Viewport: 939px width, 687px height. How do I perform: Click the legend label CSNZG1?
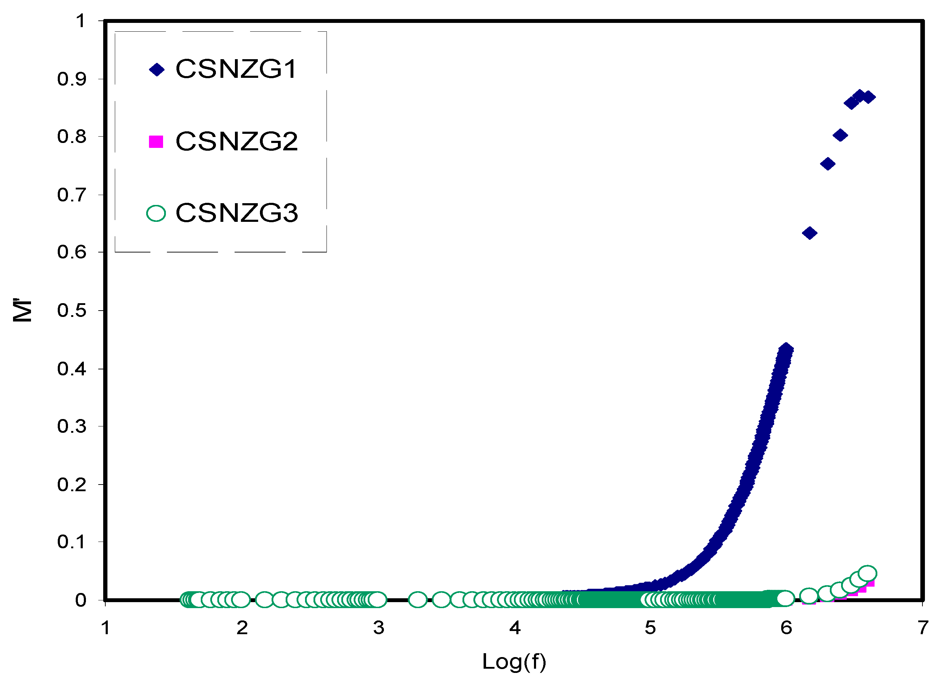click(x=236, y=69)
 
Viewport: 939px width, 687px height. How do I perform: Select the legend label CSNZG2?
click(x=237, y=142)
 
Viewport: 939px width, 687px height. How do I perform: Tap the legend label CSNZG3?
click(x=237, y=213)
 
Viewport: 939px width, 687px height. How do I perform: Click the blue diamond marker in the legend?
click(x=157, y=69)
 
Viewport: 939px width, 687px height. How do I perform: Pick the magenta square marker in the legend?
click(x=156, y=142)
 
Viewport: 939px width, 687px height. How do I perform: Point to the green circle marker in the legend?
click(x=156, y=213)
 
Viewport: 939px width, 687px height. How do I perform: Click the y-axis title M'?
click(x=23, y=310)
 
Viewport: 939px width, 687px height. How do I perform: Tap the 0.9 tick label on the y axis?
click(x=72, y=79)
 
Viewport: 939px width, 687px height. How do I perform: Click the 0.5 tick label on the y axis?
click(x=72, y=310)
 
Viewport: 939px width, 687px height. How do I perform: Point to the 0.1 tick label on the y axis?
click(x=72, y=542)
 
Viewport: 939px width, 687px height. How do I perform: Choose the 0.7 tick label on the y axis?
click(x=72, y=195)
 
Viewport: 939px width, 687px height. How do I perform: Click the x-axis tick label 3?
click(x=378, y=627)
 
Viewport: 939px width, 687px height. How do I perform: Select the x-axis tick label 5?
click(x=650, y=627)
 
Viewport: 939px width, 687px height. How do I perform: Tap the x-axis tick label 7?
click(x=923, y=627)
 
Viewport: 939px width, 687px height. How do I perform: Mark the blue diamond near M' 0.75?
click(x=828, y=164)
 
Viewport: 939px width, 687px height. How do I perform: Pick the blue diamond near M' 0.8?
click(x=840, y=135)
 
